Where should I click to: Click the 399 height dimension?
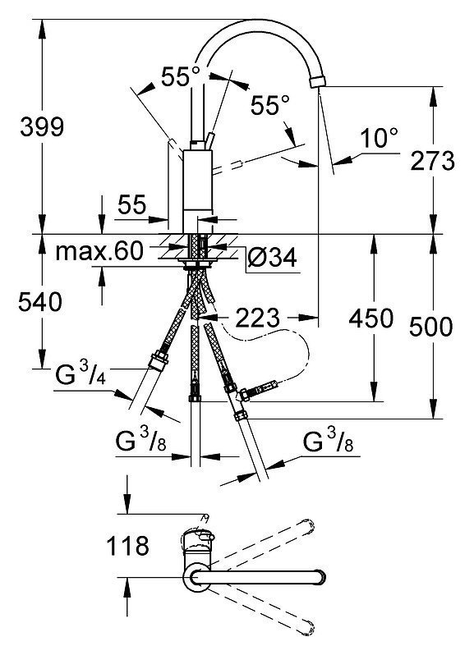point(42,126)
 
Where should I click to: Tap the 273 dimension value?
point(432,160)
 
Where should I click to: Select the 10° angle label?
point(379,138)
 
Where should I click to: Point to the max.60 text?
point(99,251)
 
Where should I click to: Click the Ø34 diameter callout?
point(272,258)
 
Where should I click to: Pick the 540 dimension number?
point(40,302)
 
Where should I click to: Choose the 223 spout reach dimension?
point(257,318)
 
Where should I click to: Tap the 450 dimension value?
point(371,318)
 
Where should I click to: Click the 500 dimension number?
point(431,327)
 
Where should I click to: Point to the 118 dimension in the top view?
point(127,546)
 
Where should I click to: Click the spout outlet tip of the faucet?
point(317,81)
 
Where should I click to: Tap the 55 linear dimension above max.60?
point(132,204)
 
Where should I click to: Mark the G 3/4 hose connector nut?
point(159,360)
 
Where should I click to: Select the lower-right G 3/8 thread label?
point(328,442)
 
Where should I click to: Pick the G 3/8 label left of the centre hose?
point(140,442)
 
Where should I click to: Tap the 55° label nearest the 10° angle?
point(270,105)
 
